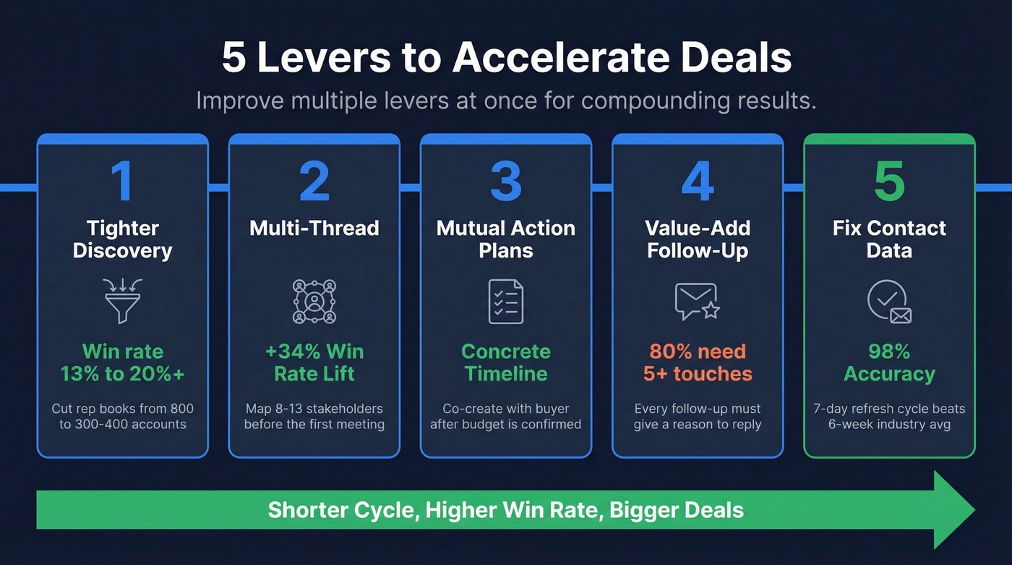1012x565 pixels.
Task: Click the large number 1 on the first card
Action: pyautogui.click(x=122, y=182)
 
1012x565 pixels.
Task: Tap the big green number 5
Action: pyautogui.click(x=889, y=182)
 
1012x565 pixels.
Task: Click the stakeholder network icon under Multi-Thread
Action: pyautogui.click(x=314, y=301)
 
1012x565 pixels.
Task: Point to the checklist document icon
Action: pyautogui.click(x=506, y=301)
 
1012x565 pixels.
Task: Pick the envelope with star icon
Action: pyautogui.click(x=697, y=301)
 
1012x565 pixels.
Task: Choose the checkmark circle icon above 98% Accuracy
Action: pyautogui.click(x=888, y=301)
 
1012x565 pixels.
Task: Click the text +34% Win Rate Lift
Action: pyautogui.click(x=314, y=362)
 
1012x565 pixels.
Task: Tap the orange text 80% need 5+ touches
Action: pyautogui.click(x=698, y=362)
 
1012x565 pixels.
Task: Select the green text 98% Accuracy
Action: pyautogui.click(x=889, y=362)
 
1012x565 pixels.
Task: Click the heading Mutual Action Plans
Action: pyautogui.click(x=506, y=239)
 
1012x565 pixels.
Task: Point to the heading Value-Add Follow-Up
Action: pyautogui.click(x=698, y=239)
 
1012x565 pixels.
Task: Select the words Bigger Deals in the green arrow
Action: pyautogui.click(x=677, y=510)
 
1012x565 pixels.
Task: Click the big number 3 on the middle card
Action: pyautogui.click(x=506, y=182)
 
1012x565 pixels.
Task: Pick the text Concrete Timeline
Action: pyautogui.click(x=506, y=362)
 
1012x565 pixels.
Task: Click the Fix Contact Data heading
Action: pyautogui.click(x=889, y=239)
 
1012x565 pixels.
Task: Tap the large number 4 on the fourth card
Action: pyautogui.click(x=698, y=182)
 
